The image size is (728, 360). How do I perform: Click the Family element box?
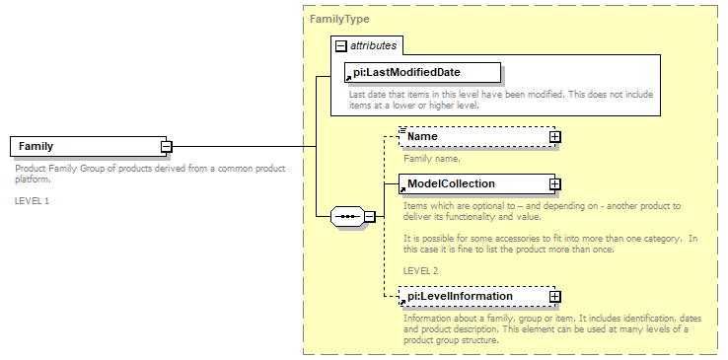[84, 146]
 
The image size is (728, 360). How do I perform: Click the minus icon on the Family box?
[166, 146]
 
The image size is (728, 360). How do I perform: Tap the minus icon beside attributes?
[340, 45]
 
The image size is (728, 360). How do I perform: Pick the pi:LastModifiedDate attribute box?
[421, 72]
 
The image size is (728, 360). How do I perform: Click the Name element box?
[473, 136]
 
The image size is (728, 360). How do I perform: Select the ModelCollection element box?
[473, 183]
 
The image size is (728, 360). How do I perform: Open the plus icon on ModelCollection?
[554, 183]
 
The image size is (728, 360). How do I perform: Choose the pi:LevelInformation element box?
[473, 296]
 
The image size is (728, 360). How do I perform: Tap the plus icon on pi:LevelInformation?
[554, 296]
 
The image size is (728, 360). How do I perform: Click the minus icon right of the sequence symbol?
[369, 216]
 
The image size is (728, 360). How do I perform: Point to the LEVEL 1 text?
[32, 200]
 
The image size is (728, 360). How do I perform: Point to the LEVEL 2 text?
[420, 269]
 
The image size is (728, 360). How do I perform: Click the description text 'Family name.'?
[432, 157]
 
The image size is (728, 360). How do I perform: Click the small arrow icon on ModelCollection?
[402, 188]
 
